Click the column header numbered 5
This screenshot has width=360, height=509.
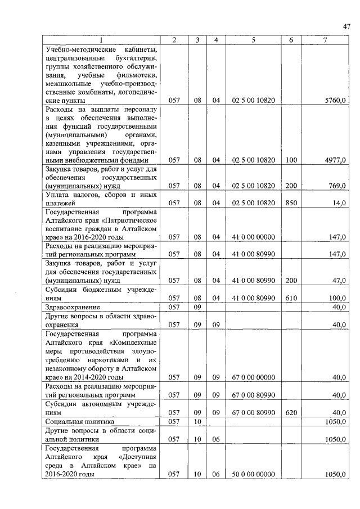click(253, 40)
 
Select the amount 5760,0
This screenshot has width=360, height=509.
click(335, 100)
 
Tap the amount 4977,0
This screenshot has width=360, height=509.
click(335, 160)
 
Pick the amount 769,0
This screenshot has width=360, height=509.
click(336, 185)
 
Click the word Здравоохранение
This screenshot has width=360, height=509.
click(73, 308)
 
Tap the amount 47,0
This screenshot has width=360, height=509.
click(338, 280)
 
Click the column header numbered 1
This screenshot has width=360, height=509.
click(101, 40)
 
